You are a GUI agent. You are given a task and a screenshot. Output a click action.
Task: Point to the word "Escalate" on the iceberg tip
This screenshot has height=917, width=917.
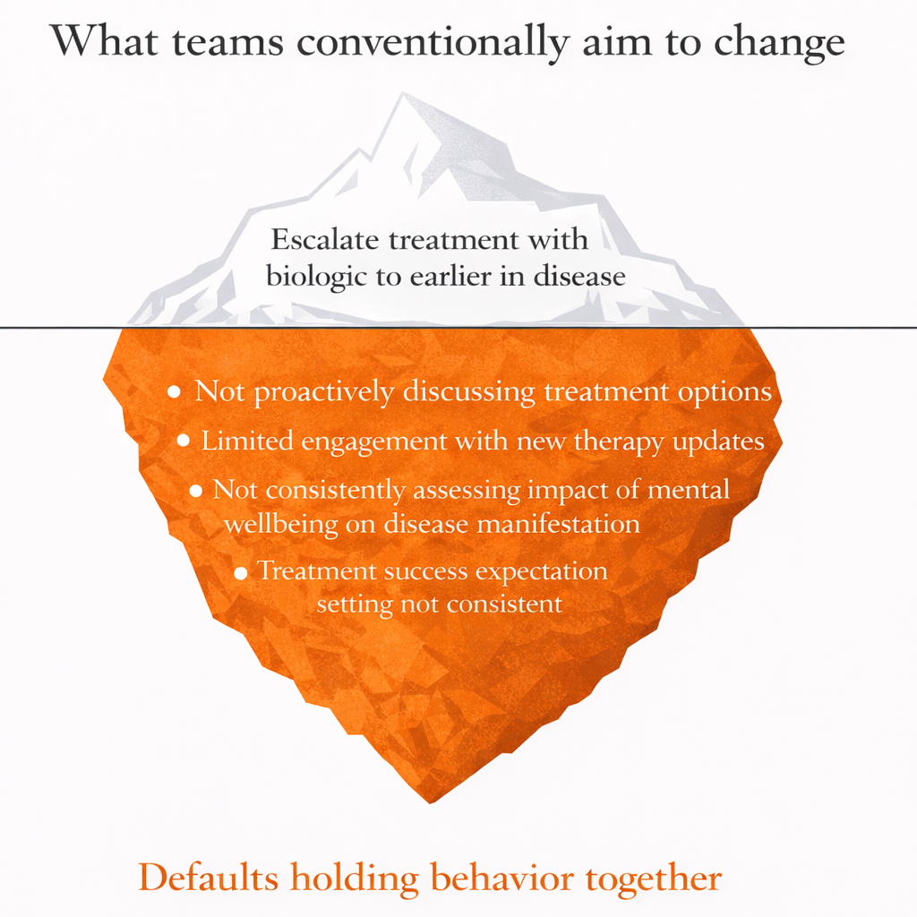(x=324, y=241)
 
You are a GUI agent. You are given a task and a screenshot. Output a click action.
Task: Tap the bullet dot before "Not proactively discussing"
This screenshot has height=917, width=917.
(x=174, y=393)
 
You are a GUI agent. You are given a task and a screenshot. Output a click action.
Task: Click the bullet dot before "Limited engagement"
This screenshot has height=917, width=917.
(x=184, y=441)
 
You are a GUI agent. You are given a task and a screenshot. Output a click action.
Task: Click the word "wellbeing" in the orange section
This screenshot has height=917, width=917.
(x=279, y=523)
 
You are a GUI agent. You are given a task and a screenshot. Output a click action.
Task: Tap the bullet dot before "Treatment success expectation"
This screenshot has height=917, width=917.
(x=240, y=572)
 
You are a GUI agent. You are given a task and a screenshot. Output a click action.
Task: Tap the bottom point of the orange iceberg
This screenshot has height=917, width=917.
(x=433, y=801)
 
